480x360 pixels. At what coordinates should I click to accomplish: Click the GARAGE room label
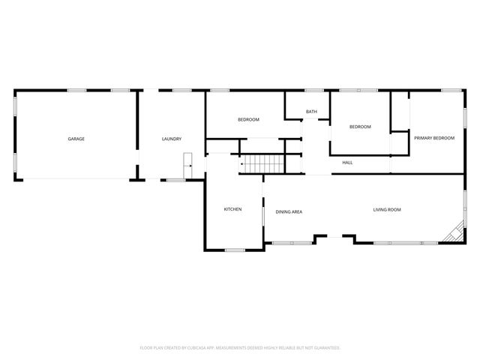pos(76,139)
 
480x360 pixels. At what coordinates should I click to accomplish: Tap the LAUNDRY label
pos(172,139)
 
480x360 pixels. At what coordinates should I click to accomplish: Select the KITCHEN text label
pos(232,208)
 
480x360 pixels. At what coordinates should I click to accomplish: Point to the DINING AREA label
pos(289,212)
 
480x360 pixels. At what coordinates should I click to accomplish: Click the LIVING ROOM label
pos(387,209)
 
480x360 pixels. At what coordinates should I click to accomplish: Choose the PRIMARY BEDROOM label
pos(434,138)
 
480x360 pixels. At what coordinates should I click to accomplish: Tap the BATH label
pos(311,112)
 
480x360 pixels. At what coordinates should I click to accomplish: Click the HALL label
pos(347,163)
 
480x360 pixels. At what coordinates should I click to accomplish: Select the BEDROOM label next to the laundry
pos(248,120)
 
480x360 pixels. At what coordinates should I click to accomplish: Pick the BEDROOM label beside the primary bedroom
pos(360,127)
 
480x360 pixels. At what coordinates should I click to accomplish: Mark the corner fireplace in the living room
pos(453,235)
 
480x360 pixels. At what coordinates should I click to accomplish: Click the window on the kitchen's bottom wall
pos(235,250)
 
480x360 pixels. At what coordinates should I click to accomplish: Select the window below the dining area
pos(292,243)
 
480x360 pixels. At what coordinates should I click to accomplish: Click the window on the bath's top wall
pos(314,91)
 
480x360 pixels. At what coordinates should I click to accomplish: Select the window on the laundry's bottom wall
pos(176,180)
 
